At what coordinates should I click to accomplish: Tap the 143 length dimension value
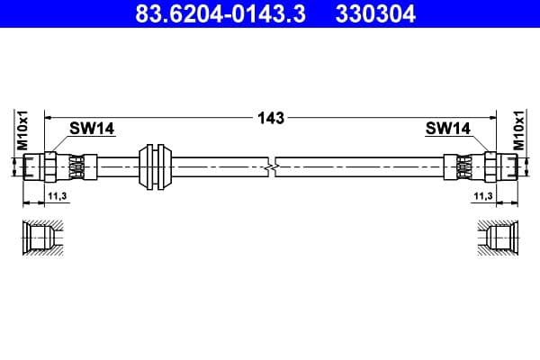point(270,118)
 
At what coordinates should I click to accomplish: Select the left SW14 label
point(93,129)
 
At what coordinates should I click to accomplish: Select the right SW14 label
point(447,129)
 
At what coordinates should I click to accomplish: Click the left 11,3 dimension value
point(55,195)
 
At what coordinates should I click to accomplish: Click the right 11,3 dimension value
point(482,195)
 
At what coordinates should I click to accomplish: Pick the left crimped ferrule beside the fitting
point(76,166)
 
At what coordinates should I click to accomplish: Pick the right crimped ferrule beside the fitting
point(463,166)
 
